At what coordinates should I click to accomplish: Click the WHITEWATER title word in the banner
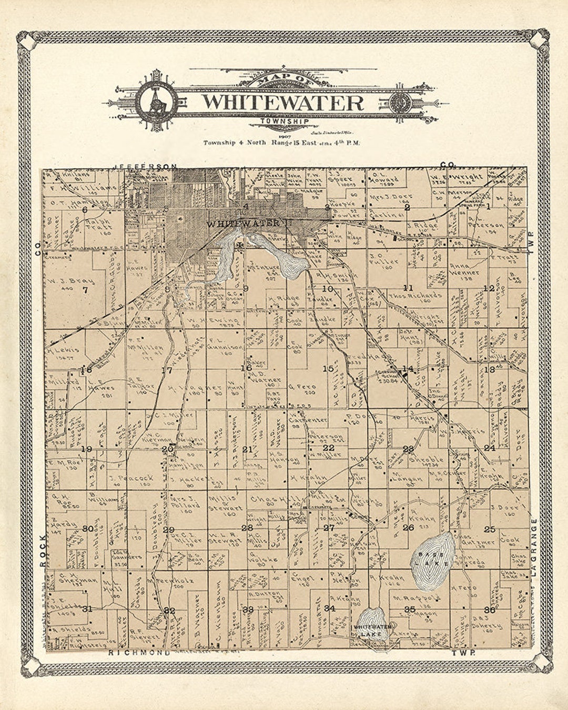[x=283, y=102]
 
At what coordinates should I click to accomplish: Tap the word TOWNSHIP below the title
[x=284, y=122]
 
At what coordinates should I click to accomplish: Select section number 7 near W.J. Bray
[x=85, y=289]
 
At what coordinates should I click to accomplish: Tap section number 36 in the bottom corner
[x=489, y=610]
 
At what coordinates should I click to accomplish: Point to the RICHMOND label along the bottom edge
[x=139, y=653]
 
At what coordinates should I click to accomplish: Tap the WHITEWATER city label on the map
[x=243, y=224]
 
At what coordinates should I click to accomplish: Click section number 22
[x=328, y=448]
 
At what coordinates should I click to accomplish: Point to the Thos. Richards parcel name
[x=414, y=296]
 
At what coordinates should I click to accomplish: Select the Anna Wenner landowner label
[x=464, y=269]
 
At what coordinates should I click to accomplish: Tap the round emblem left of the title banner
[x=156, y=101]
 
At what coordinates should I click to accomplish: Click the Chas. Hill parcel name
[x=269, y=499]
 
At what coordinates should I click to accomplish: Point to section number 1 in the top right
[x=488, y=207]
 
